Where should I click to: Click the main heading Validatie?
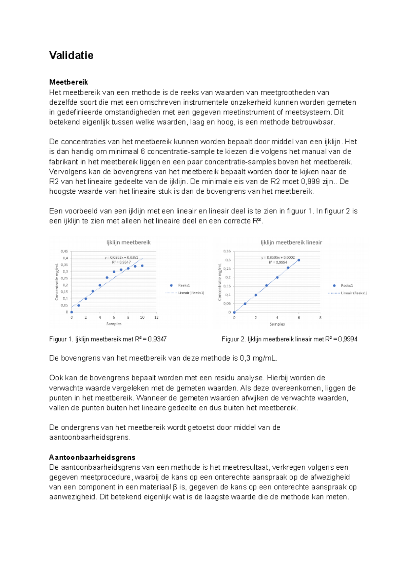[71, 55]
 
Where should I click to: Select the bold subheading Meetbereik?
[69, 82]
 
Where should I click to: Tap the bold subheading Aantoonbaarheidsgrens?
[92, 457]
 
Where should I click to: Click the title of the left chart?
[129, 242]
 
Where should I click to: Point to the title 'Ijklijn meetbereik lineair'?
[291, 242]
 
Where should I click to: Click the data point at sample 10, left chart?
[142, 266]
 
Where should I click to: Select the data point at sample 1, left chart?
[79, 305]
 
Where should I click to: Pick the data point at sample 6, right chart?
[299, 260]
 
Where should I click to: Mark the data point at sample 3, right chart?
[267, 285]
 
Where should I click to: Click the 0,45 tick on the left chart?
[64, 252]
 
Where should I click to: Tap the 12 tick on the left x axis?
[156, 318]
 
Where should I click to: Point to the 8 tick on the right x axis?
[320, 318]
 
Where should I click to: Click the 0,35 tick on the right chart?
[227, 251]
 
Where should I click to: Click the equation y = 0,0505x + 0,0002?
[278, 258]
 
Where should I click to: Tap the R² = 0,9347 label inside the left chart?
[121, 262]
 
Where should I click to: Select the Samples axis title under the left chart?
[114, 324]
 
